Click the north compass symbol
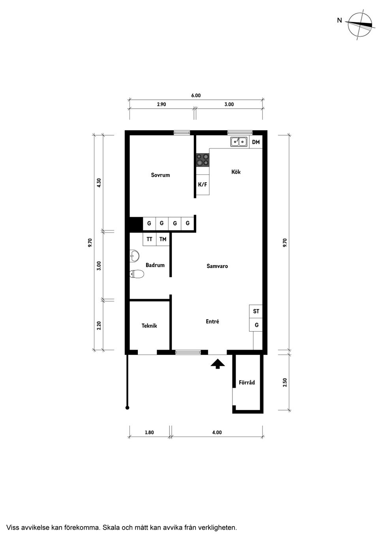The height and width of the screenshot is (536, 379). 360,24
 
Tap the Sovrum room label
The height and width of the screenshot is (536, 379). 160,175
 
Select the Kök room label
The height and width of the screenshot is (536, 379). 236,172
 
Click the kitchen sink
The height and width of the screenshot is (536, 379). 239,141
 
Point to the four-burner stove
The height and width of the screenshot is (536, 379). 203,159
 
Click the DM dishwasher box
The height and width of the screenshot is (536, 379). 256,142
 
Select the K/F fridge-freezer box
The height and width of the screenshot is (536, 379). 203,184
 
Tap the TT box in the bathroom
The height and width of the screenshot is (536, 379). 149,239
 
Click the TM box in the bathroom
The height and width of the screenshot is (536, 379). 163,239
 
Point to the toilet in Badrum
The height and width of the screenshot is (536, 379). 137,274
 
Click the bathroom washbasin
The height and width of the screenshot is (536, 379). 134,256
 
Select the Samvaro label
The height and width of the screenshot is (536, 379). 217,266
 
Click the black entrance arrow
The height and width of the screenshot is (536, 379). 217,364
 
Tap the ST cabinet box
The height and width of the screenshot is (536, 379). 256,311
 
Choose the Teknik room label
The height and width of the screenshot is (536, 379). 149,326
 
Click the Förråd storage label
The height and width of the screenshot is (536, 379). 247,382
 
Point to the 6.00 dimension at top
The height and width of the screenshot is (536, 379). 196,96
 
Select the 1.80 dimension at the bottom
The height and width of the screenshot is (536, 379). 149,432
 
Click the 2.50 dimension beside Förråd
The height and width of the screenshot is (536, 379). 285,382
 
